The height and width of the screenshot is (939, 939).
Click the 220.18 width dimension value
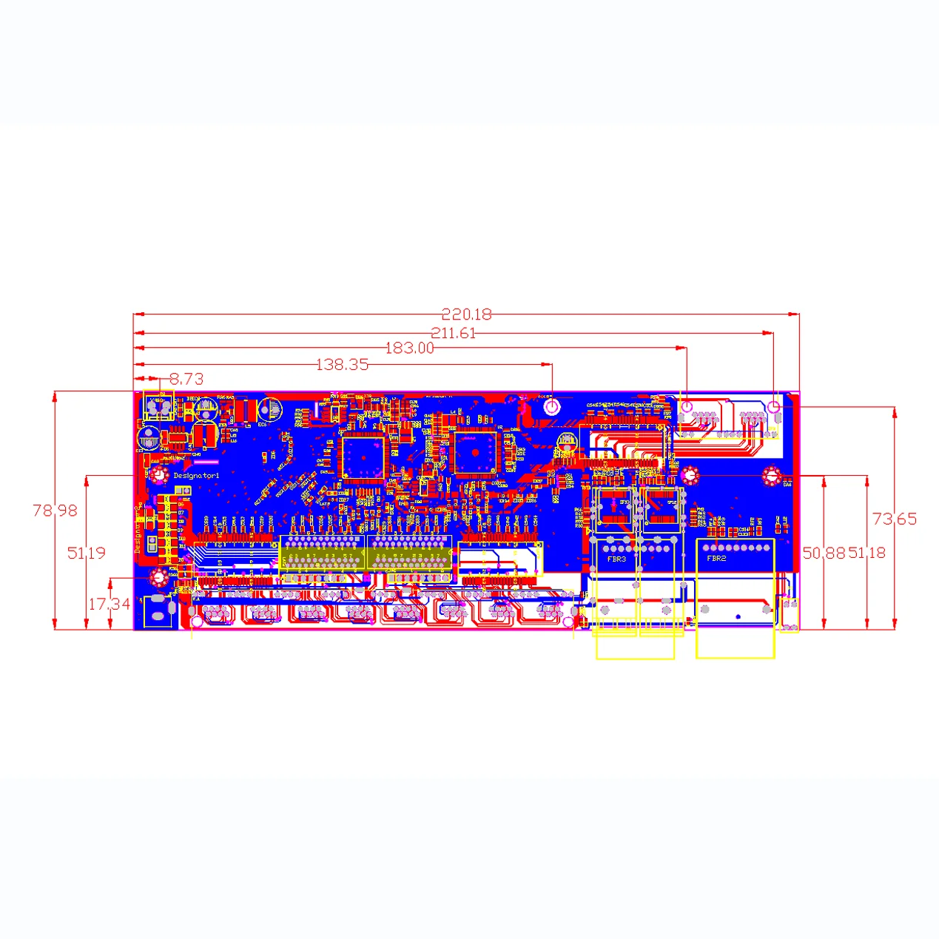[x=466, y=314]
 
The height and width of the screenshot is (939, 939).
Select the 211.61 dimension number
[x=453, y=333]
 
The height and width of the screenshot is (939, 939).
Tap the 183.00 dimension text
[x=409, y=348]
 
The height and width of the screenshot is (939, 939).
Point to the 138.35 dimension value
[x=342, y=364]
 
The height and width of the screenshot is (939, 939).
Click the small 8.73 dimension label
[x=186, y=379]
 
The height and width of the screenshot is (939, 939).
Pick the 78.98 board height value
[x=55, y=510]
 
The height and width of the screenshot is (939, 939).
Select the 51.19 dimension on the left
[x=86, y=553]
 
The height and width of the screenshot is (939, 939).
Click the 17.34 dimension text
[x=109, y=604]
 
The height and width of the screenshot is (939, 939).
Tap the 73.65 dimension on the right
[x=894, y=519]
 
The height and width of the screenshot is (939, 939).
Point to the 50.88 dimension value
[x=824, y=553]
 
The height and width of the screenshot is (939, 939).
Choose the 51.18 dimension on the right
[x=867, y=553]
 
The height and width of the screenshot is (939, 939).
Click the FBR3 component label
[x=616, y=559]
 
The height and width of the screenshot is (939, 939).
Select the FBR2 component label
[x=716, y=559]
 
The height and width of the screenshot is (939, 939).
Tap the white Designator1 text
[x=196, y=476]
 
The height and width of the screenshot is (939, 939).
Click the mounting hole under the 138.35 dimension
[x=552, y=406]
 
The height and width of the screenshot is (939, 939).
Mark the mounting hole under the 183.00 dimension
[x=687, y=406]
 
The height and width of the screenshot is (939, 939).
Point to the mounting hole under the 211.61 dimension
[x=774, y=406]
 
